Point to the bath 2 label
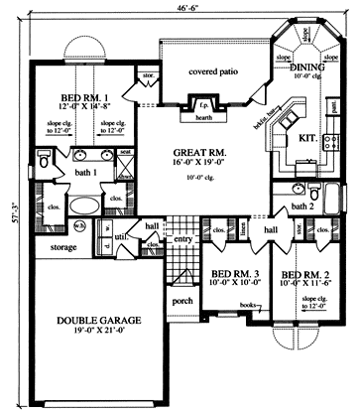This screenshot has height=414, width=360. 300,207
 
